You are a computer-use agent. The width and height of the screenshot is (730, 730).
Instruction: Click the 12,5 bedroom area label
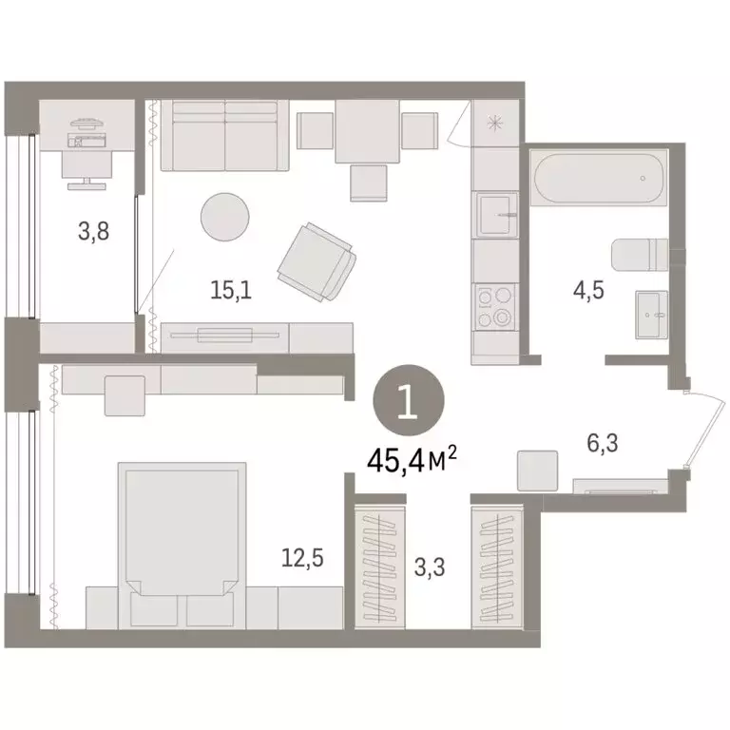[304, 559]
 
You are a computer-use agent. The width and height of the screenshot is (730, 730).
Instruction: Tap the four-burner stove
[496, 307]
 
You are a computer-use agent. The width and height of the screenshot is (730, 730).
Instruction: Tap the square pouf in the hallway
[537, 471]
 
